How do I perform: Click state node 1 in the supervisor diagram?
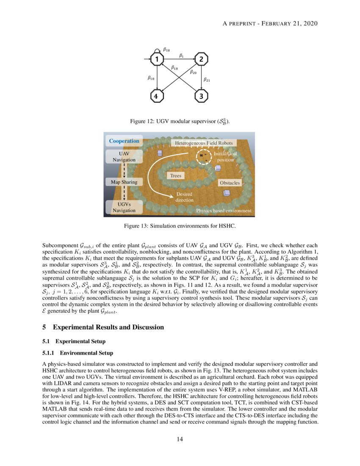(x=157, y=59)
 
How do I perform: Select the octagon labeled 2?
(x=201, y=59)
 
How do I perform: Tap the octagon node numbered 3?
(x=201, y=97)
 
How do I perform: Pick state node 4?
(x=157, y=97)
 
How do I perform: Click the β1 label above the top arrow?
(x=181, y=55)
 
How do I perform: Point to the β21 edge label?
(x=207, y=79)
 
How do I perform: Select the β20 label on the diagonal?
(x=193, y=72)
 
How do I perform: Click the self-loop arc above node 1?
(x=158, y=50)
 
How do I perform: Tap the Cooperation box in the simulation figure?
(x=124, y=141)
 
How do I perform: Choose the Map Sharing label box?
(x=124, y=182)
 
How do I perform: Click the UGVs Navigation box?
(x=124, y=207)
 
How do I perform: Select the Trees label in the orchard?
(x=175, y=175)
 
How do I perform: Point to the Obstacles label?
(x=230, y=183)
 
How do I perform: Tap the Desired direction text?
(x=184, y=197)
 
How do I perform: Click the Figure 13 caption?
(x=180, y=226)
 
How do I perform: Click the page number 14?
(x=180, y=439)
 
